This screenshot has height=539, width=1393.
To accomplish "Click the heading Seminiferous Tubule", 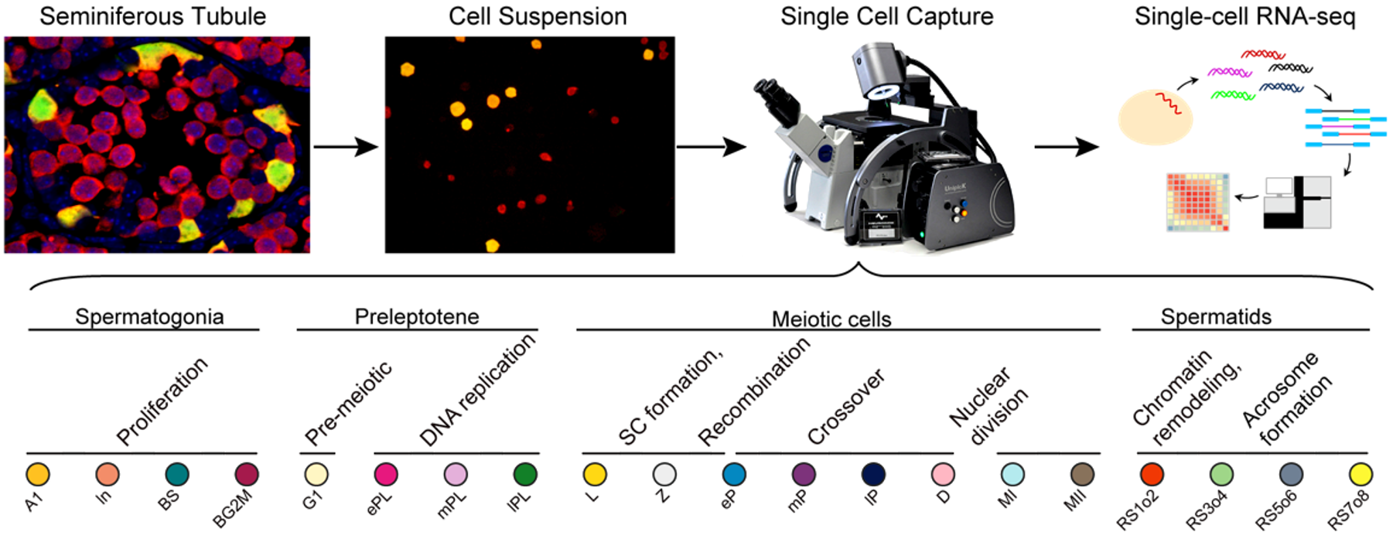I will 152,16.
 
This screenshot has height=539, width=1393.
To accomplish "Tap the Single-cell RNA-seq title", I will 1244,16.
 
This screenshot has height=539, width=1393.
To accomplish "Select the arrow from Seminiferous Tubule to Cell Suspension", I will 346,146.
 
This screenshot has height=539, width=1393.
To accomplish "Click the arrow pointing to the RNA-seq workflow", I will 1067,146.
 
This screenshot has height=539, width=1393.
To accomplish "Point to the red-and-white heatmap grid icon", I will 1197,201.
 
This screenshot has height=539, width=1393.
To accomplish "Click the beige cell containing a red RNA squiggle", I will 1155,117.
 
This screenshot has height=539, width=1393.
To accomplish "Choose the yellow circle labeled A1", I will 38,474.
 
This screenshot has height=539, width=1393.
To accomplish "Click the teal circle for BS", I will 177,474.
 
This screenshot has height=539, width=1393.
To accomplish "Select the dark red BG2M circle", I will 247,474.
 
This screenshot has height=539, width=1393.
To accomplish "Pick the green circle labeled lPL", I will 525,474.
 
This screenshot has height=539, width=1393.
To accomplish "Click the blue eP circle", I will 734,474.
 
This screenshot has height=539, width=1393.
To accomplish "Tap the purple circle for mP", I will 804,474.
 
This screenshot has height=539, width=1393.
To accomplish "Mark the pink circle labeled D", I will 943,474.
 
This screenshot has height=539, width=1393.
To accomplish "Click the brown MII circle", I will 1082,474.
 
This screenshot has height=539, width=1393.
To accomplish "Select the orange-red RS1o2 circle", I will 1152,474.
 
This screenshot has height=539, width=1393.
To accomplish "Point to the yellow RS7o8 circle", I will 1361,474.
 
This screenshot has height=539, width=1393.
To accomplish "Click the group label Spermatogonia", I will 149,316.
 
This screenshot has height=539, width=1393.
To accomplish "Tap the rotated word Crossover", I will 845,407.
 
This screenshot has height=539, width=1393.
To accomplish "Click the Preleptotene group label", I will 417,316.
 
